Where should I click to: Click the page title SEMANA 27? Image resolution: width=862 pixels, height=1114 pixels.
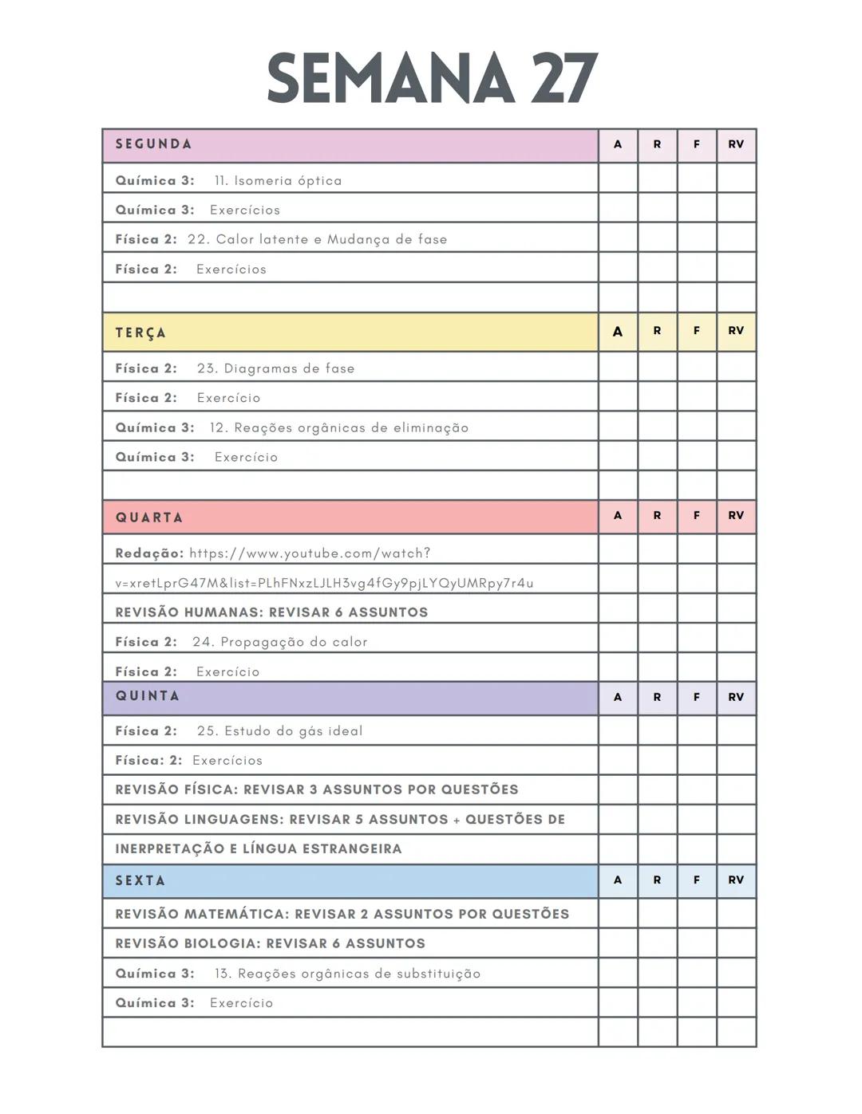click(432, 78)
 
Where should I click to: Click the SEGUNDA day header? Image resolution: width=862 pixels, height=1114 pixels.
click(154, 144)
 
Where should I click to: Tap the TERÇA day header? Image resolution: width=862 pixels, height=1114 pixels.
click(141, 333)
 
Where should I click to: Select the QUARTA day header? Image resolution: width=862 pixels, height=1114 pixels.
click(149, 518)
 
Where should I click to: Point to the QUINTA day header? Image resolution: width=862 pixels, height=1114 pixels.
click(148, 696)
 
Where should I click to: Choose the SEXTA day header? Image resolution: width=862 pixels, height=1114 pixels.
click(140, 880)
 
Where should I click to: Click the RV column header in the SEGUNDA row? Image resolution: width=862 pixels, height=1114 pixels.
click(736, 144)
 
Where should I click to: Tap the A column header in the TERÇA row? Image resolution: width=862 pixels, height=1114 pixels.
click(618, 332)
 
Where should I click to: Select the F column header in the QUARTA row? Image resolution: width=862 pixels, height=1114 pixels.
click(697, 516)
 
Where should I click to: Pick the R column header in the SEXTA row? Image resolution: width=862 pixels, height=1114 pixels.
click(657, 880)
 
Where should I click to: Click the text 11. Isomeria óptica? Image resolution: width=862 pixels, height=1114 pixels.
click(278, 181)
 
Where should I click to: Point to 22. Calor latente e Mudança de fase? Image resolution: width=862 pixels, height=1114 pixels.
click(317, 239)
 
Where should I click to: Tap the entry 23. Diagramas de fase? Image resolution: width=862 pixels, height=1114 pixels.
click(275, 368)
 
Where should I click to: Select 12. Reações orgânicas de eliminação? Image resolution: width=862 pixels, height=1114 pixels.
click(338, 427)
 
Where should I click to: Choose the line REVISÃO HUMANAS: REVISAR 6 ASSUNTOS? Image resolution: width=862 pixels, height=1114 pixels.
click(271, 612)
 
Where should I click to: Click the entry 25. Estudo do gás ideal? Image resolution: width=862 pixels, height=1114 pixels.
click(279, 731)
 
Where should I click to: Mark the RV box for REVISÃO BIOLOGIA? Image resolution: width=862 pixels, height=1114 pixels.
click(736, 943)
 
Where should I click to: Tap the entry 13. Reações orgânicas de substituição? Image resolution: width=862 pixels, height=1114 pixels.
click(347, 974)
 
